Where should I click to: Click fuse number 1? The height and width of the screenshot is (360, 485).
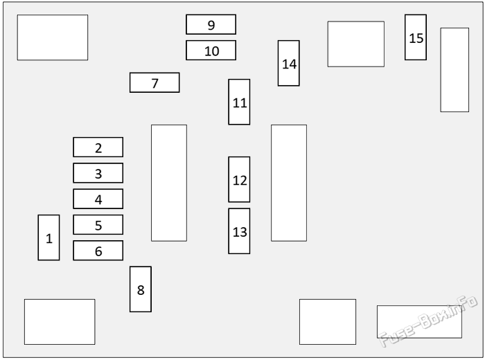(48, 237)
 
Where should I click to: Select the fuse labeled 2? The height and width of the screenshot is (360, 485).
(98, 147)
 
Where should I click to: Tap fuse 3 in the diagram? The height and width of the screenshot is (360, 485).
(98, 173)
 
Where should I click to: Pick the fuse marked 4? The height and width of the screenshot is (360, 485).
(98, 199)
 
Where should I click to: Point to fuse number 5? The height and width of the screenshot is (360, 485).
(98, 224)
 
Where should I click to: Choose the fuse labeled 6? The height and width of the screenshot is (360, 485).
(98, 251)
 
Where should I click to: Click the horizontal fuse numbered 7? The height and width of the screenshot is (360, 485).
(155, 82)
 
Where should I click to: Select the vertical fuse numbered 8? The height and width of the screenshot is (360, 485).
(141, 289)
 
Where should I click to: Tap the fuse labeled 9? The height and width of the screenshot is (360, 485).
(211, 24)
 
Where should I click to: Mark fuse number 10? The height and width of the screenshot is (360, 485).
(211, 50)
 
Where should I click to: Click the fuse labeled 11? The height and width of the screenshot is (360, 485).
(239, 102)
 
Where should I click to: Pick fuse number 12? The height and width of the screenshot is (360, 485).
(239, 179)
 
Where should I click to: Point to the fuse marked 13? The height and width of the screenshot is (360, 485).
(239, 231)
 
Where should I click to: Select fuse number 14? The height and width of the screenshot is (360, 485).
(289, 63)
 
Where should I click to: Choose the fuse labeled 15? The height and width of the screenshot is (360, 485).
(416, 37)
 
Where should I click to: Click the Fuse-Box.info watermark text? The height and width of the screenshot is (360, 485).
(427, 321)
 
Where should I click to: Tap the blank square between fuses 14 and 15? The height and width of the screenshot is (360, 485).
(356, 44)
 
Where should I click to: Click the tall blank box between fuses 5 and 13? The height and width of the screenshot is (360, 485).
(169, 183)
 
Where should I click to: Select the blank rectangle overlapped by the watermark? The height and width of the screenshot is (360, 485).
(419, 322)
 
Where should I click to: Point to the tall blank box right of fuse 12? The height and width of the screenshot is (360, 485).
(289, 183)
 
